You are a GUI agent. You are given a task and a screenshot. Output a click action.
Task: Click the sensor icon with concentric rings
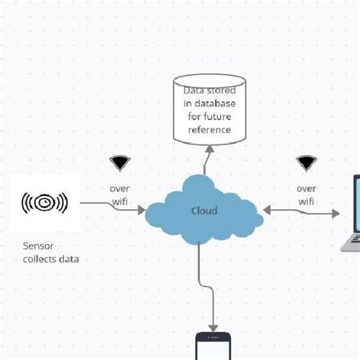coord(45,203)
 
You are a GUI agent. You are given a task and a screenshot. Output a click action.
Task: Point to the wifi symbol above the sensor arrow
coord(119,163)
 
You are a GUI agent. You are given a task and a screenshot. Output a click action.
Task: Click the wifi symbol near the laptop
coord(306,163)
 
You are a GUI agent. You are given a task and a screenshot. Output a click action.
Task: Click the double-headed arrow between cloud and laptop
coord(301,210)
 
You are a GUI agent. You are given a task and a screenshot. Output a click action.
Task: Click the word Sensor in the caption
coord(39,246)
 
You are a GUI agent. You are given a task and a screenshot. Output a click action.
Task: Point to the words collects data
coord(51,260)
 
